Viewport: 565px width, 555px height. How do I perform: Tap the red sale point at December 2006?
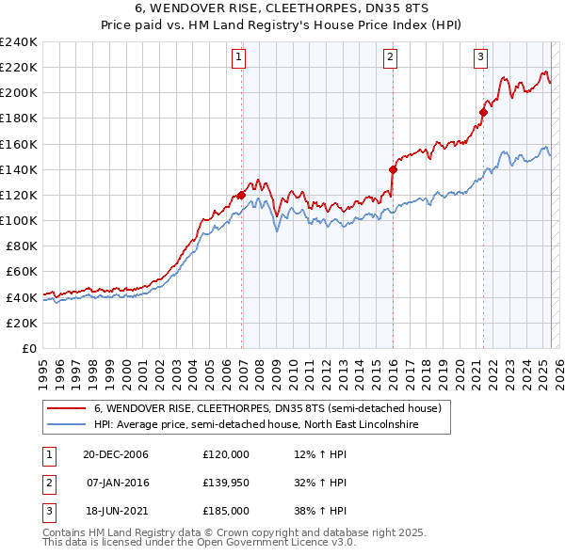coord(242,195)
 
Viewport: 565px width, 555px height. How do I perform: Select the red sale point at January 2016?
coord(393,169)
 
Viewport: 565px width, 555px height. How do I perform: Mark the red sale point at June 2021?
coord(483,112)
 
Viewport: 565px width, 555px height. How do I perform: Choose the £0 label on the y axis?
coord(28,348)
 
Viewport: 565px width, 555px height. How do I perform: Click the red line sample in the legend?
coord(66,408)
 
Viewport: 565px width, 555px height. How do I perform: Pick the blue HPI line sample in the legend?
coord(66,424)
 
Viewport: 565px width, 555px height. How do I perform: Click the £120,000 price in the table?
coord(225,453)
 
